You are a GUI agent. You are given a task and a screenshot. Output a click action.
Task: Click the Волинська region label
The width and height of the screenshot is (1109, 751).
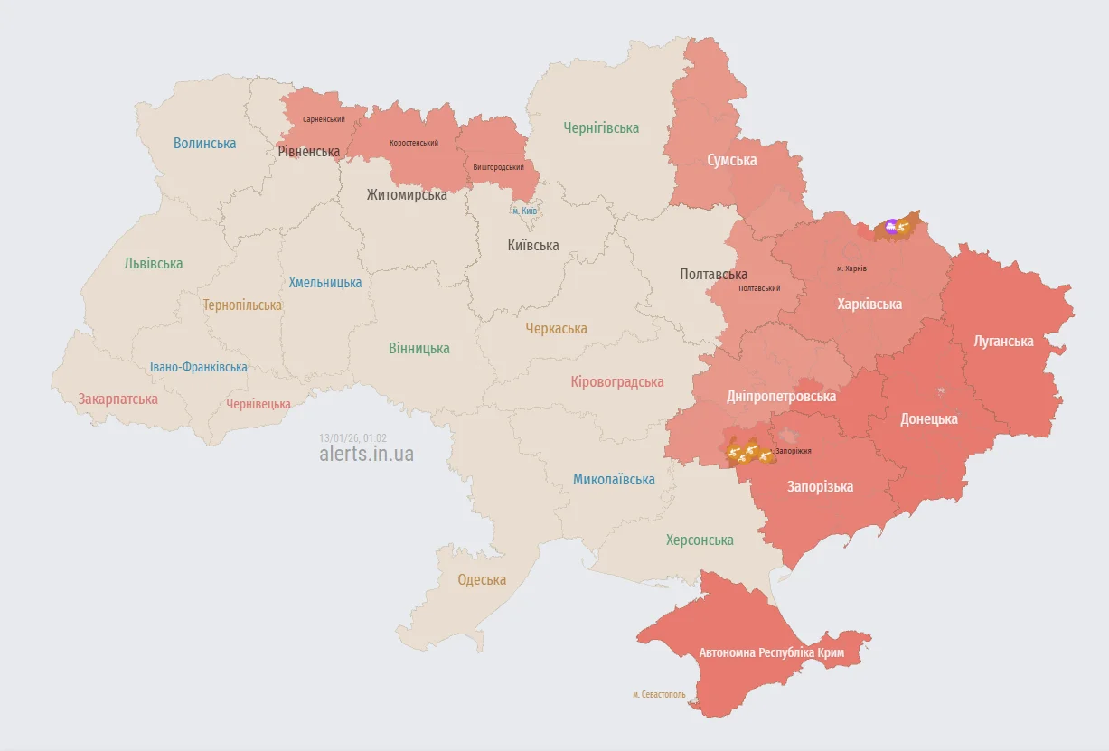[204, 143]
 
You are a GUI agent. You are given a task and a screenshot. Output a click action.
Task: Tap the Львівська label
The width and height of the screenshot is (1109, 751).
[154, 264]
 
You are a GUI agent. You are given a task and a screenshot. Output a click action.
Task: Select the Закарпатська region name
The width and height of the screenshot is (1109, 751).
[117, 399]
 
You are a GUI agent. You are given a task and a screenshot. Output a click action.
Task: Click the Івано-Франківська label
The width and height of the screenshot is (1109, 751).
[199, 367]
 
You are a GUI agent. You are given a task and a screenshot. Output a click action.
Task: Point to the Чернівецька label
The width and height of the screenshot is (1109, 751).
[258, 404]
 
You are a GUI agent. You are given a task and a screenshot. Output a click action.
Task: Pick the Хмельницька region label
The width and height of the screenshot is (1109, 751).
[324, 282]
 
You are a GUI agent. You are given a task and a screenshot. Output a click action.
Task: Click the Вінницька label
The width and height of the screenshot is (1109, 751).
[418, 348]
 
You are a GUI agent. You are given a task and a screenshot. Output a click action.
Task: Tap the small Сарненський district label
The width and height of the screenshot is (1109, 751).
[324, 119]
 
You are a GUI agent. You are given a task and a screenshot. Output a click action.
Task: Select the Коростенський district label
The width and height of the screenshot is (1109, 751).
[414, 143]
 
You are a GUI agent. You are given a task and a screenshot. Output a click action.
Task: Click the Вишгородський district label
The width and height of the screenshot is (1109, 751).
[498, 167]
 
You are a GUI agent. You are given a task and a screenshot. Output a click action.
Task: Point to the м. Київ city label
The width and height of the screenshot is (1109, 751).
[524, 211]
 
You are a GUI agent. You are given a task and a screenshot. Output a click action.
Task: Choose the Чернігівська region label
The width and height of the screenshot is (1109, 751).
[601, 128]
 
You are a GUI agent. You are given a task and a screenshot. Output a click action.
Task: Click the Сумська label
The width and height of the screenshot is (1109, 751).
[731, 160]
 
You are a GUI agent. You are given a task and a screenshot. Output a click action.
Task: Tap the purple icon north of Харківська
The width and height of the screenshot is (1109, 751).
[891, 227]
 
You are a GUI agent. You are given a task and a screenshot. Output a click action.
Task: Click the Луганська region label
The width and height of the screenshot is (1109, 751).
[1003, 341]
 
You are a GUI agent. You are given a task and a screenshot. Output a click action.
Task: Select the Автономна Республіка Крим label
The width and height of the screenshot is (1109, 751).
[771, 652]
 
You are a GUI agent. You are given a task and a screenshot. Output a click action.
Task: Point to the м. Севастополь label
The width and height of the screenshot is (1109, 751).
[659, 694]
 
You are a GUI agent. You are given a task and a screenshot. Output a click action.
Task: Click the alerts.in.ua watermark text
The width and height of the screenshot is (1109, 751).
[366, 454]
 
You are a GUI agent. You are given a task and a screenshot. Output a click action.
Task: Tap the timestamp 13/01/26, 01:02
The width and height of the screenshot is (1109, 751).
[352, 437]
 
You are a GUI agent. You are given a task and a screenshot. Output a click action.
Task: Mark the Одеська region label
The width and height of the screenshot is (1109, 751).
[482, 579]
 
